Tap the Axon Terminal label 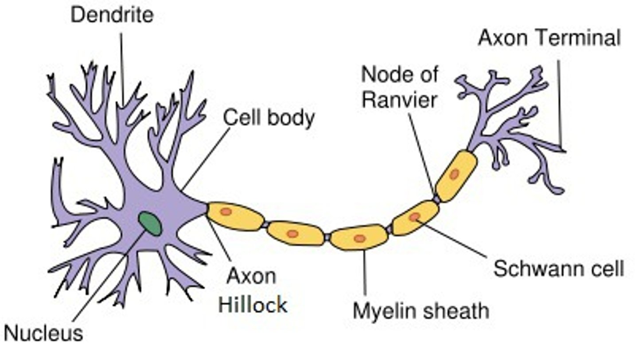[549, 38]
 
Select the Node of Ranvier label [400, 87]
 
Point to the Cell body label [269, 118]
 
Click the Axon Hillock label [253, 290]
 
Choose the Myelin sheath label [421, 310]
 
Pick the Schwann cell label [559, 268]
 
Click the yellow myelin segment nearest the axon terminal [456, 175]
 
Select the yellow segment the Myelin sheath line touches [359, 237]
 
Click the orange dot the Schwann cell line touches [415, 217]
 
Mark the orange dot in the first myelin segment [226, 212]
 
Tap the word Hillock [253, 305]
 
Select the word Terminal [579, 38]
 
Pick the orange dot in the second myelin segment [292, 233]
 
